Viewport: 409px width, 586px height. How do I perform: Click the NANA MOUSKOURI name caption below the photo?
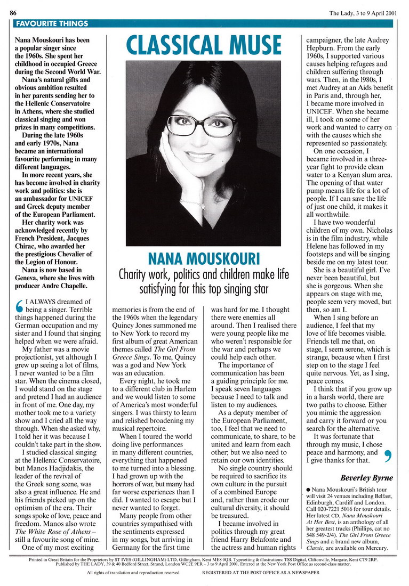[x=203, y=259]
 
